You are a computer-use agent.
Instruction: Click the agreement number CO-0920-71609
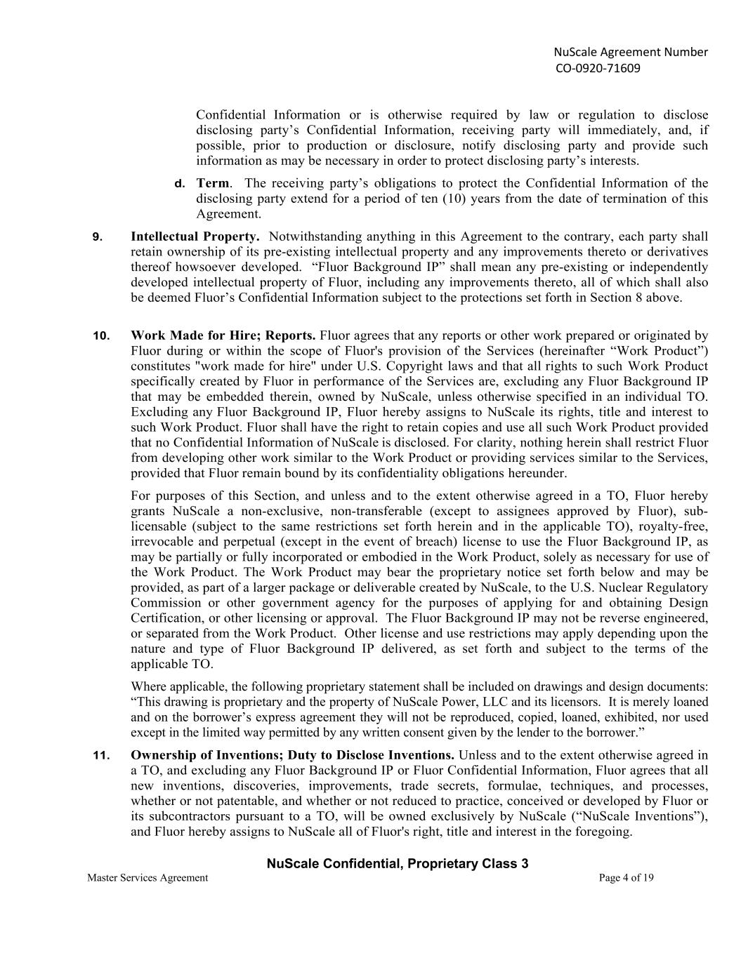coord(598,68)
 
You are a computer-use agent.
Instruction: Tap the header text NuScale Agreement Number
coord(631,52)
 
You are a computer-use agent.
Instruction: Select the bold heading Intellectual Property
coord(195,237)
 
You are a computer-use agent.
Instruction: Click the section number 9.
coord(98,237)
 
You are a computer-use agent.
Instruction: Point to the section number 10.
coord(101,335)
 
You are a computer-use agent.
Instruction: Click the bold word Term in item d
coord(212,183)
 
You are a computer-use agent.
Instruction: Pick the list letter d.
coord(180,184)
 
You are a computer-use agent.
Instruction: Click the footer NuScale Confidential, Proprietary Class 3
coord(398,864)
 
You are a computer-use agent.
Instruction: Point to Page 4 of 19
coord(627,877)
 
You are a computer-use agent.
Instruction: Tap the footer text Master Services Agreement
coord(147,877)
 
